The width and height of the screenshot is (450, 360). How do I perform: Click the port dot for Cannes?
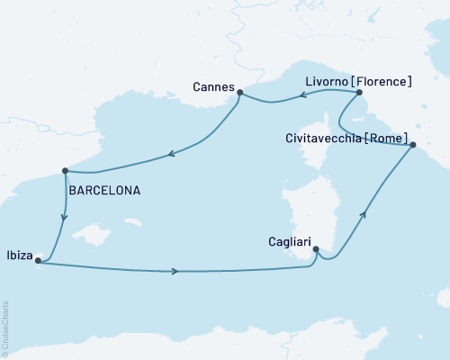click(x=239, y=91)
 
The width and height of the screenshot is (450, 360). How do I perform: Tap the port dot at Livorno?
click(x=358, y=92)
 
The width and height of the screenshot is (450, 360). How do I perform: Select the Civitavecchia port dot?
click(x=412, y=145)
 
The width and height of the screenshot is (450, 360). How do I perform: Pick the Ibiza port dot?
click(x=37, y=261)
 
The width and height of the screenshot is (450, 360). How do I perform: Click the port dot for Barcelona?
click(x=65, y=170)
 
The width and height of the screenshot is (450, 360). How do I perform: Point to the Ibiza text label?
click(x=19, y=253)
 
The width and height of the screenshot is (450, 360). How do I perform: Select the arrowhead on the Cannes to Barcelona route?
click(x=170, y=156)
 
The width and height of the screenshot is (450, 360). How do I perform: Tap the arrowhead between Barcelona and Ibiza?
click(x=62, y=217)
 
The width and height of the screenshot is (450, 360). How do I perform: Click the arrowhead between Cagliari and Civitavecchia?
click(x=364, y=214)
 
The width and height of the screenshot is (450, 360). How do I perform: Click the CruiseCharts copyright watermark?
click(x=5, y=328)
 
